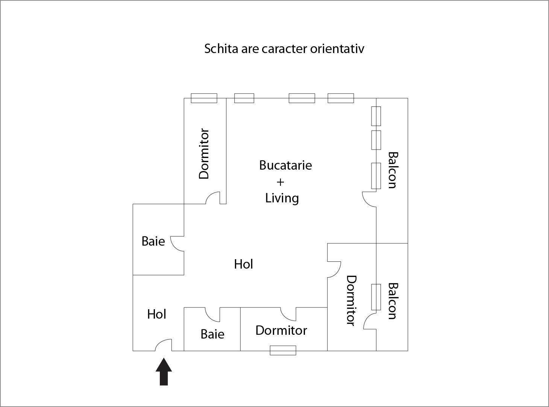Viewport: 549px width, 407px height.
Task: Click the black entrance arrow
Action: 164,371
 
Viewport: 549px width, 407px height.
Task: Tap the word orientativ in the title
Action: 337,49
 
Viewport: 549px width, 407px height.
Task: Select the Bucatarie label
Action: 285,165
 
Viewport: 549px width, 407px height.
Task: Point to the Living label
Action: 282,198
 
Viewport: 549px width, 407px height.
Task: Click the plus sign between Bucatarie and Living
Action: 280,182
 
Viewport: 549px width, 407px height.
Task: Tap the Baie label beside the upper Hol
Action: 153,241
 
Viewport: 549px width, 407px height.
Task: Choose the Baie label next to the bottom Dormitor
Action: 212,334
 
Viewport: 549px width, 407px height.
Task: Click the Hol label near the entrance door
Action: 157,314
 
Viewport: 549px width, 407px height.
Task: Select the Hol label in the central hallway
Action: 244,264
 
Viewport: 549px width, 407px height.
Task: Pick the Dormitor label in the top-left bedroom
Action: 204,153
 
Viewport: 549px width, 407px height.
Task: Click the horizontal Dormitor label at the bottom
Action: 281,330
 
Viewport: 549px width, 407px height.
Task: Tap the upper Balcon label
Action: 393,170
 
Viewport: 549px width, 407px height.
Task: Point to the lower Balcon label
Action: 393,301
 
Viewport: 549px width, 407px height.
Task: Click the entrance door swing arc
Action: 163,345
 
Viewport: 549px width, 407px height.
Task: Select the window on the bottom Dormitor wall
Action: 283,350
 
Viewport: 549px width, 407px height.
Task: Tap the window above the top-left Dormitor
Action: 204,98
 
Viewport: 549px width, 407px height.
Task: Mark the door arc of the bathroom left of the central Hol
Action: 177,243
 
